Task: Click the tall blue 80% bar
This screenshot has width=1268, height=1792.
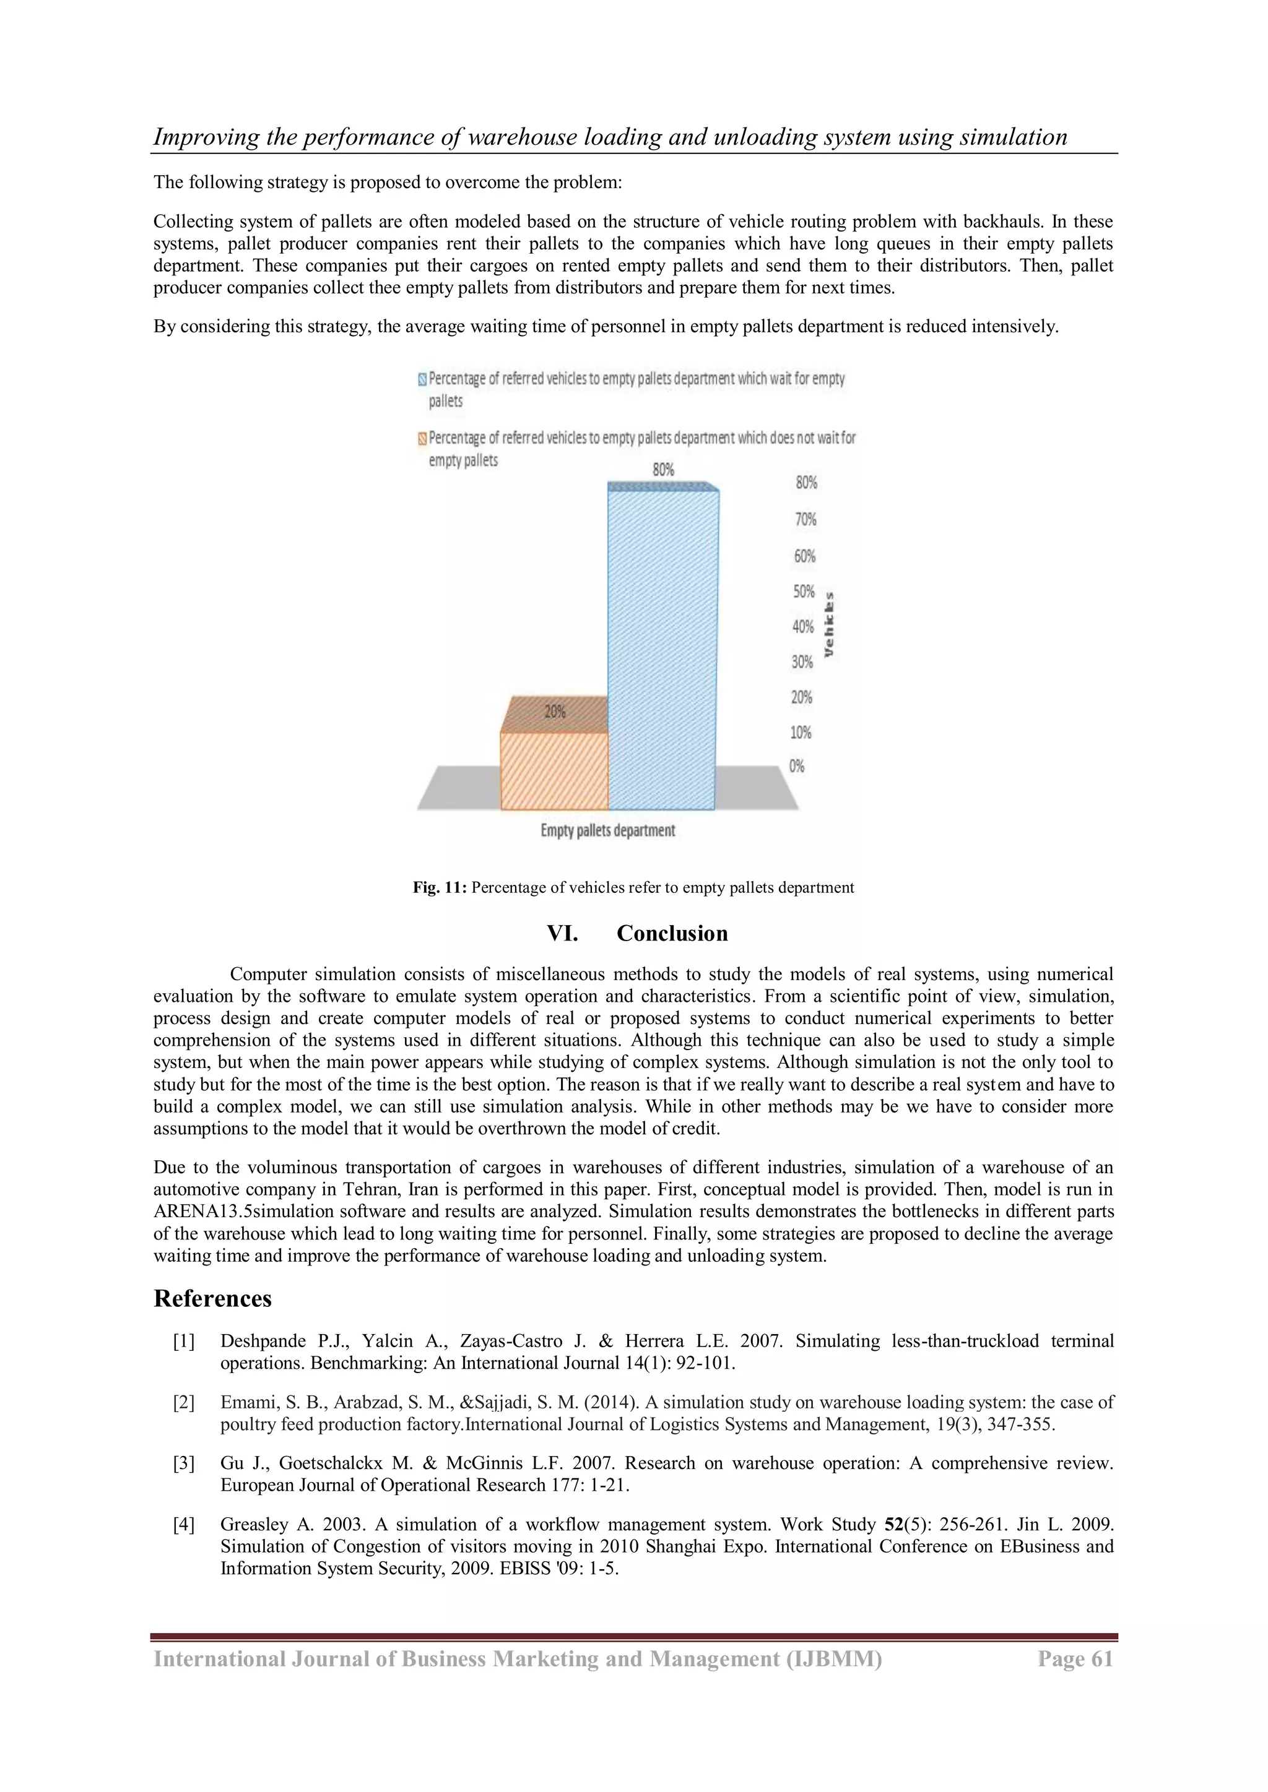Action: coord(662,648)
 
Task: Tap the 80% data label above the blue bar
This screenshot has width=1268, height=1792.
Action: coord(663,470)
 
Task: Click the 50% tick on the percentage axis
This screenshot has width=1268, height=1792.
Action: coord(804,592)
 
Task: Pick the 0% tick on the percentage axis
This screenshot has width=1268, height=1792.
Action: coord(796,767)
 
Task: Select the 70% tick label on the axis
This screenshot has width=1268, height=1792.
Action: coord(806,520)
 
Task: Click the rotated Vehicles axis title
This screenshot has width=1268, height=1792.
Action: coord(828,624)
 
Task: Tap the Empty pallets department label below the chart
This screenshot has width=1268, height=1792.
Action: coord(607,830)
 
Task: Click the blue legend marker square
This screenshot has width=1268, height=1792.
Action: coord(422,379)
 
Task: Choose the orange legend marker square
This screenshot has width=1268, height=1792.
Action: coord(422,439)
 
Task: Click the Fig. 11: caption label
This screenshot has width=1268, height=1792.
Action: coord(440,887)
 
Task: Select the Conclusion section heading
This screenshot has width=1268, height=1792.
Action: coord(672,934)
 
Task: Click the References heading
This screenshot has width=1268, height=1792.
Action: coord(212,1298)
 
